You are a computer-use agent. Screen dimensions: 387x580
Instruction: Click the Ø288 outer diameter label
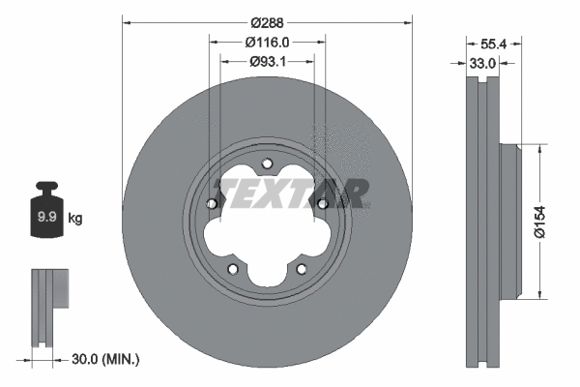(x=267, y=21)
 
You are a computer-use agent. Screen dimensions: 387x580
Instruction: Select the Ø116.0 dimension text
(x=267, y=42)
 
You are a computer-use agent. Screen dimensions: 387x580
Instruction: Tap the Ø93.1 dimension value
(x=267, y=62)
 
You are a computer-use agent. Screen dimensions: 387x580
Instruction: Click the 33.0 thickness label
(x=481, y=63)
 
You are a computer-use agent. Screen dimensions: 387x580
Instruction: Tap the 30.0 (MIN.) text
(x=106, y=360)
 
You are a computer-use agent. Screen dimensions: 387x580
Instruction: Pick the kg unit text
(x=75, y=219)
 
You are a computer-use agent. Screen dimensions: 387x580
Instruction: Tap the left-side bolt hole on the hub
(x=212, y=203)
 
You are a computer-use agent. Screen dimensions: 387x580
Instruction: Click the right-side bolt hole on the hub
(x=322, y=203)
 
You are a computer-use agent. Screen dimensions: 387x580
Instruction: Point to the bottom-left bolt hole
(x=232, y=269)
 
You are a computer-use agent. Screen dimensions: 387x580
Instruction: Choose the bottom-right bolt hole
(x=301, y=269)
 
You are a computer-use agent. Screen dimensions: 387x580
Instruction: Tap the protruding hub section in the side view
(x=510, y=223)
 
